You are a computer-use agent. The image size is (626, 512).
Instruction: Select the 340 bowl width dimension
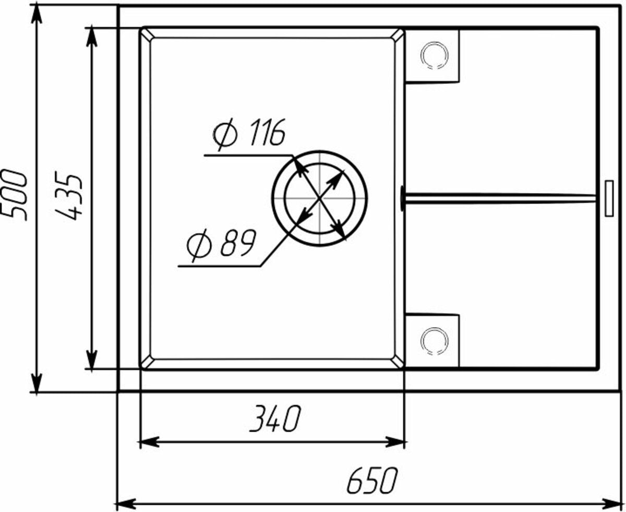pyautogui.click(x=274, y=419)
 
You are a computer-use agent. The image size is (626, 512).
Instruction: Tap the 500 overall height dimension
pyautogui.click(x=15, y=195)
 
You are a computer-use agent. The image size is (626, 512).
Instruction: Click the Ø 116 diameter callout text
pyautogui.click(x=249, y=134)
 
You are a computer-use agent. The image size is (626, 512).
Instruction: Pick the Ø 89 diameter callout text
pyautogui.click(x=221, y=244)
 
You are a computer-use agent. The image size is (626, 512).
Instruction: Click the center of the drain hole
pyautogui.click(x=319, y=198)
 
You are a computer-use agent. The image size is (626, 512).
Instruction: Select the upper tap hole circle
pyautogui.click(x=435, y=55)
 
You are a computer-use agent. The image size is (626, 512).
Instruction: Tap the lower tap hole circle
pyautogui.click(x=435, y=341)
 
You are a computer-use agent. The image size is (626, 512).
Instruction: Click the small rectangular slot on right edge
pyautogui.click(x=609, y=198)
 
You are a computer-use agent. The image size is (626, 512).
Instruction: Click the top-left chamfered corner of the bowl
pyautogui.click(x=146, y=34)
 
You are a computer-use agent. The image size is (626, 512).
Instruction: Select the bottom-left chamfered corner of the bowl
pyautogui.click(x=146, y=363)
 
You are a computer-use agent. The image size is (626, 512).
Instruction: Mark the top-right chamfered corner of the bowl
pyautogui.click(x=398, y=34)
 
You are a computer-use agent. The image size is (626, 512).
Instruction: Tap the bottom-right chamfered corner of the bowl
pyautogui.click(x=398, y=363)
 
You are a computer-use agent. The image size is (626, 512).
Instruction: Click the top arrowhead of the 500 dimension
pyautogui.click(x=37, y=13)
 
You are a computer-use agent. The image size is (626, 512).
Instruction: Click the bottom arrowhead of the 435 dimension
pyautogui.click(x=92, y=360)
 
